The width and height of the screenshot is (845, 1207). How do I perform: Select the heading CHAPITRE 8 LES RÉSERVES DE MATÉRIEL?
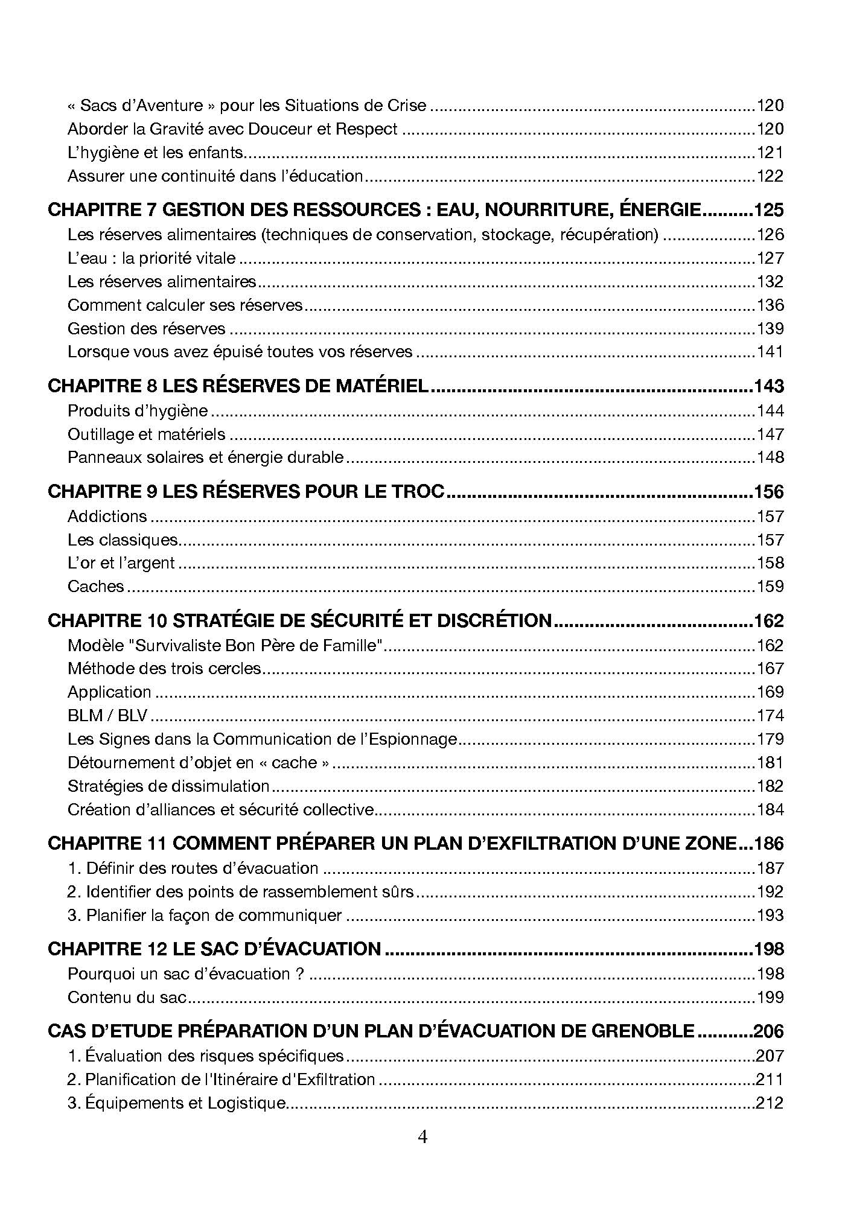tap(238, 386)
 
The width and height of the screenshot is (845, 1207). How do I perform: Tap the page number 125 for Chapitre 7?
tap(769, 210)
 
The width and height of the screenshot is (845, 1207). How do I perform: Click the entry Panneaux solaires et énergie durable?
tap(205, 457)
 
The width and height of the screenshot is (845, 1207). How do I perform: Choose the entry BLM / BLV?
tap(107, 716)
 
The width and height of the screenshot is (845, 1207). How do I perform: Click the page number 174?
tap(770, 716)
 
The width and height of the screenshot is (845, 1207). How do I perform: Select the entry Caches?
tap(95, 586)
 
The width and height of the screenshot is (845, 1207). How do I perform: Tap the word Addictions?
tap(107, 516)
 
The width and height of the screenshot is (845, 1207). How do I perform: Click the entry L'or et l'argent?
tap(121, 563)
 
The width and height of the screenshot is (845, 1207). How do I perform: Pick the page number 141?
tap(770, 352)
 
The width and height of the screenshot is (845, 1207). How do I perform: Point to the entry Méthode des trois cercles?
tap(164, 669)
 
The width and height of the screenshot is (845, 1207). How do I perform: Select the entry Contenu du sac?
tap(127, 997)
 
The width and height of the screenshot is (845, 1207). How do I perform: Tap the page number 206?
tap(769, 1031)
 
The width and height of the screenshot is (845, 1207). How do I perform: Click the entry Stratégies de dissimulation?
tap(168, 786)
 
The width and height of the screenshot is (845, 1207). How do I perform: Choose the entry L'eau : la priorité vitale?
tap(151, 258)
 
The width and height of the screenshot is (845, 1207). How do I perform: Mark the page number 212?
tap(770, 1103)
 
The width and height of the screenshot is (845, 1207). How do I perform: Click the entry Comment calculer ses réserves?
tap(185, 305)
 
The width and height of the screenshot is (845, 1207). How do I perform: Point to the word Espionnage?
tap(410, 739)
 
